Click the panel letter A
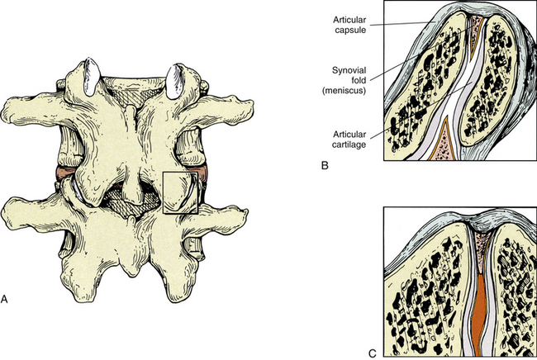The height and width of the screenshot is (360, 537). [4, 299]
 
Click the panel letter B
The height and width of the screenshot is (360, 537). [325, 166]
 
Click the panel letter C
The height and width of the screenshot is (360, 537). [373, 353]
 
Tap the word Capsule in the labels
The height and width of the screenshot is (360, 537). [350, 30]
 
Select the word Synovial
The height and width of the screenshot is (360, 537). [349, 70]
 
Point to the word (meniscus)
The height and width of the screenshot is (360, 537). [345, 91]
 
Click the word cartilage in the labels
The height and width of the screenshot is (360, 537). [349, 144]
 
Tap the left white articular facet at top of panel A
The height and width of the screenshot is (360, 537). [92, 76]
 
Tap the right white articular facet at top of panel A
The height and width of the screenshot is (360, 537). [174, 81]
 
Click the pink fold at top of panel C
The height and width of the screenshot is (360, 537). [481, 250]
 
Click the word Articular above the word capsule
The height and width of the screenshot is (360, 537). [349, 20]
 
